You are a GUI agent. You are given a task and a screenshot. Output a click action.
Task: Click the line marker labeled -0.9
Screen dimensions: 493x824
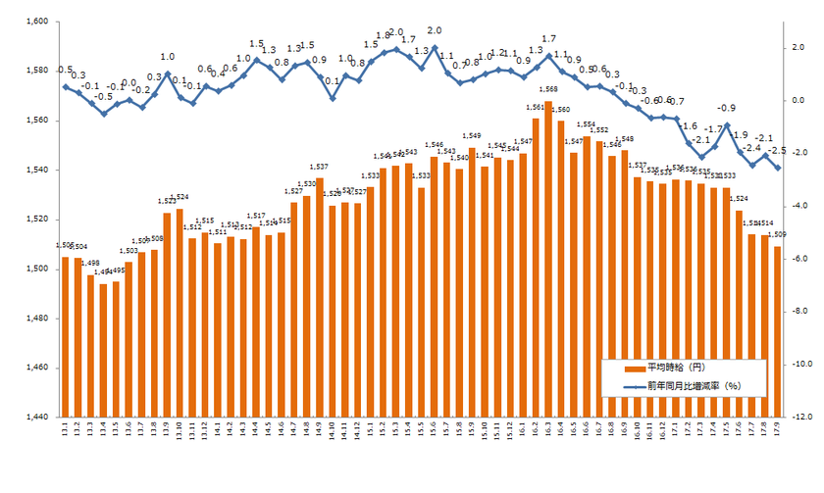(x=727, y=125)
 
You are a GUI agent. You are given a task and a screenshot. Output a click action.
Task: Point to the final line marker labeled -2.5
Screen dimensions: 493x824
(x=778, y=168)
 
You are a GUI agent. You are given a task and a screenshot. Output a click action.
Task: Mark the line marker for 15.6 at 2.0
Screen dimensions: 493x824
(x=434, y=47)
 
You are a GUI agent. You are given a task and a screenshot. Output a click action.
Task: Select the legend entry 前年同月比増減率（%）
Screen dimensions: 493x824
(x=693, y=385)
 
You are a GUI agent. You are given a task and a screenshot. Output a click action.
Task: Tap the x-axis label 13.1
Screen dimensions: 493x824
(x=66, y=431)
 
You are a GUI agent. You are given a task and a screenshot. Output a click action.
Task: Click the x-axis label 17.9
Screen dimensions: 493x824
(x=778, y=431)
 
